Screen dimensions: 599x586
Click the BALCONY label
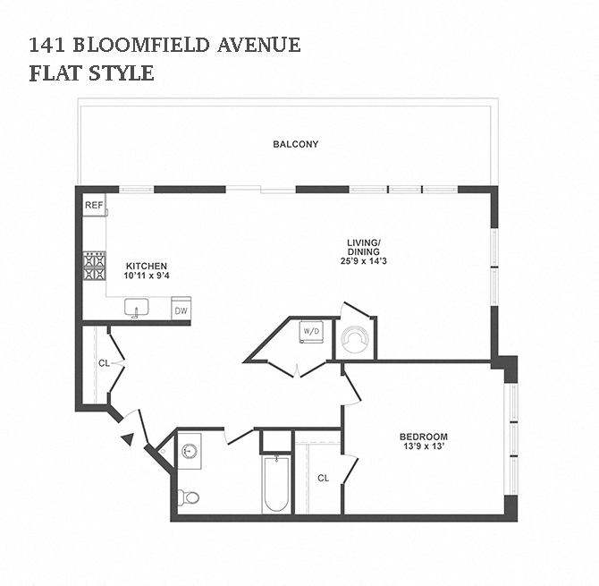(296, 144)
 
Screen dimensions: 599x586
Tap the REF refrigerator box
(94, 205)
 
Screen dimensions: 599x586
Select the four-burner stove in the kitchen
(95, 266)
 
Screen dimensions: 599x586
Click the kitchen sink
(137, 307)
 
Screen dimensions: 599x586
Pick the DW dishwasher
(181, 309)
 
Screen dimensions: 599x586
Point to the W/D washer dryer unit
(311, 330)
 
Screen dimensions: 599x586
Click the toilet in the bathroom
(189, 497)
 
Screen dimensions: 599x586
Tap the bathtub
(276, 483)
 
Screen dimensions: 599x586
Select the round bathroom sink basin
(189, 451)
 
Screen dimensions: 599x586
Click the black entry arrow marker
(129, 439)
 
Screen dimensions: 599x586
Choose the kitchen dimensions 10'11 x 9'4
(147, 276)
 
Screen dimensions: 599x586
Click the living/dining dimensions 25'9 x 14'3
(364, 261)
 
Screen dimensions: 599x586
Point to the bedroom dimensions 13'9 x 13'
(423, 446)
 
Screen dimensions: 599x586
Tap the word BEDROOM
(424, 437)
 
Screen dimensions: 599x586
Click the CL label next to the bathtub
(323, 479)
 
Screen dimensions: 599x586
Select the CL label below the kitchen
(104, 363)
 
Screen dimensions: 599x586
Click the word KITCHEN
(147, 266)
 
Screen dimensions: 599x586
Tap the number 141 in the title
(47, 45)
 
